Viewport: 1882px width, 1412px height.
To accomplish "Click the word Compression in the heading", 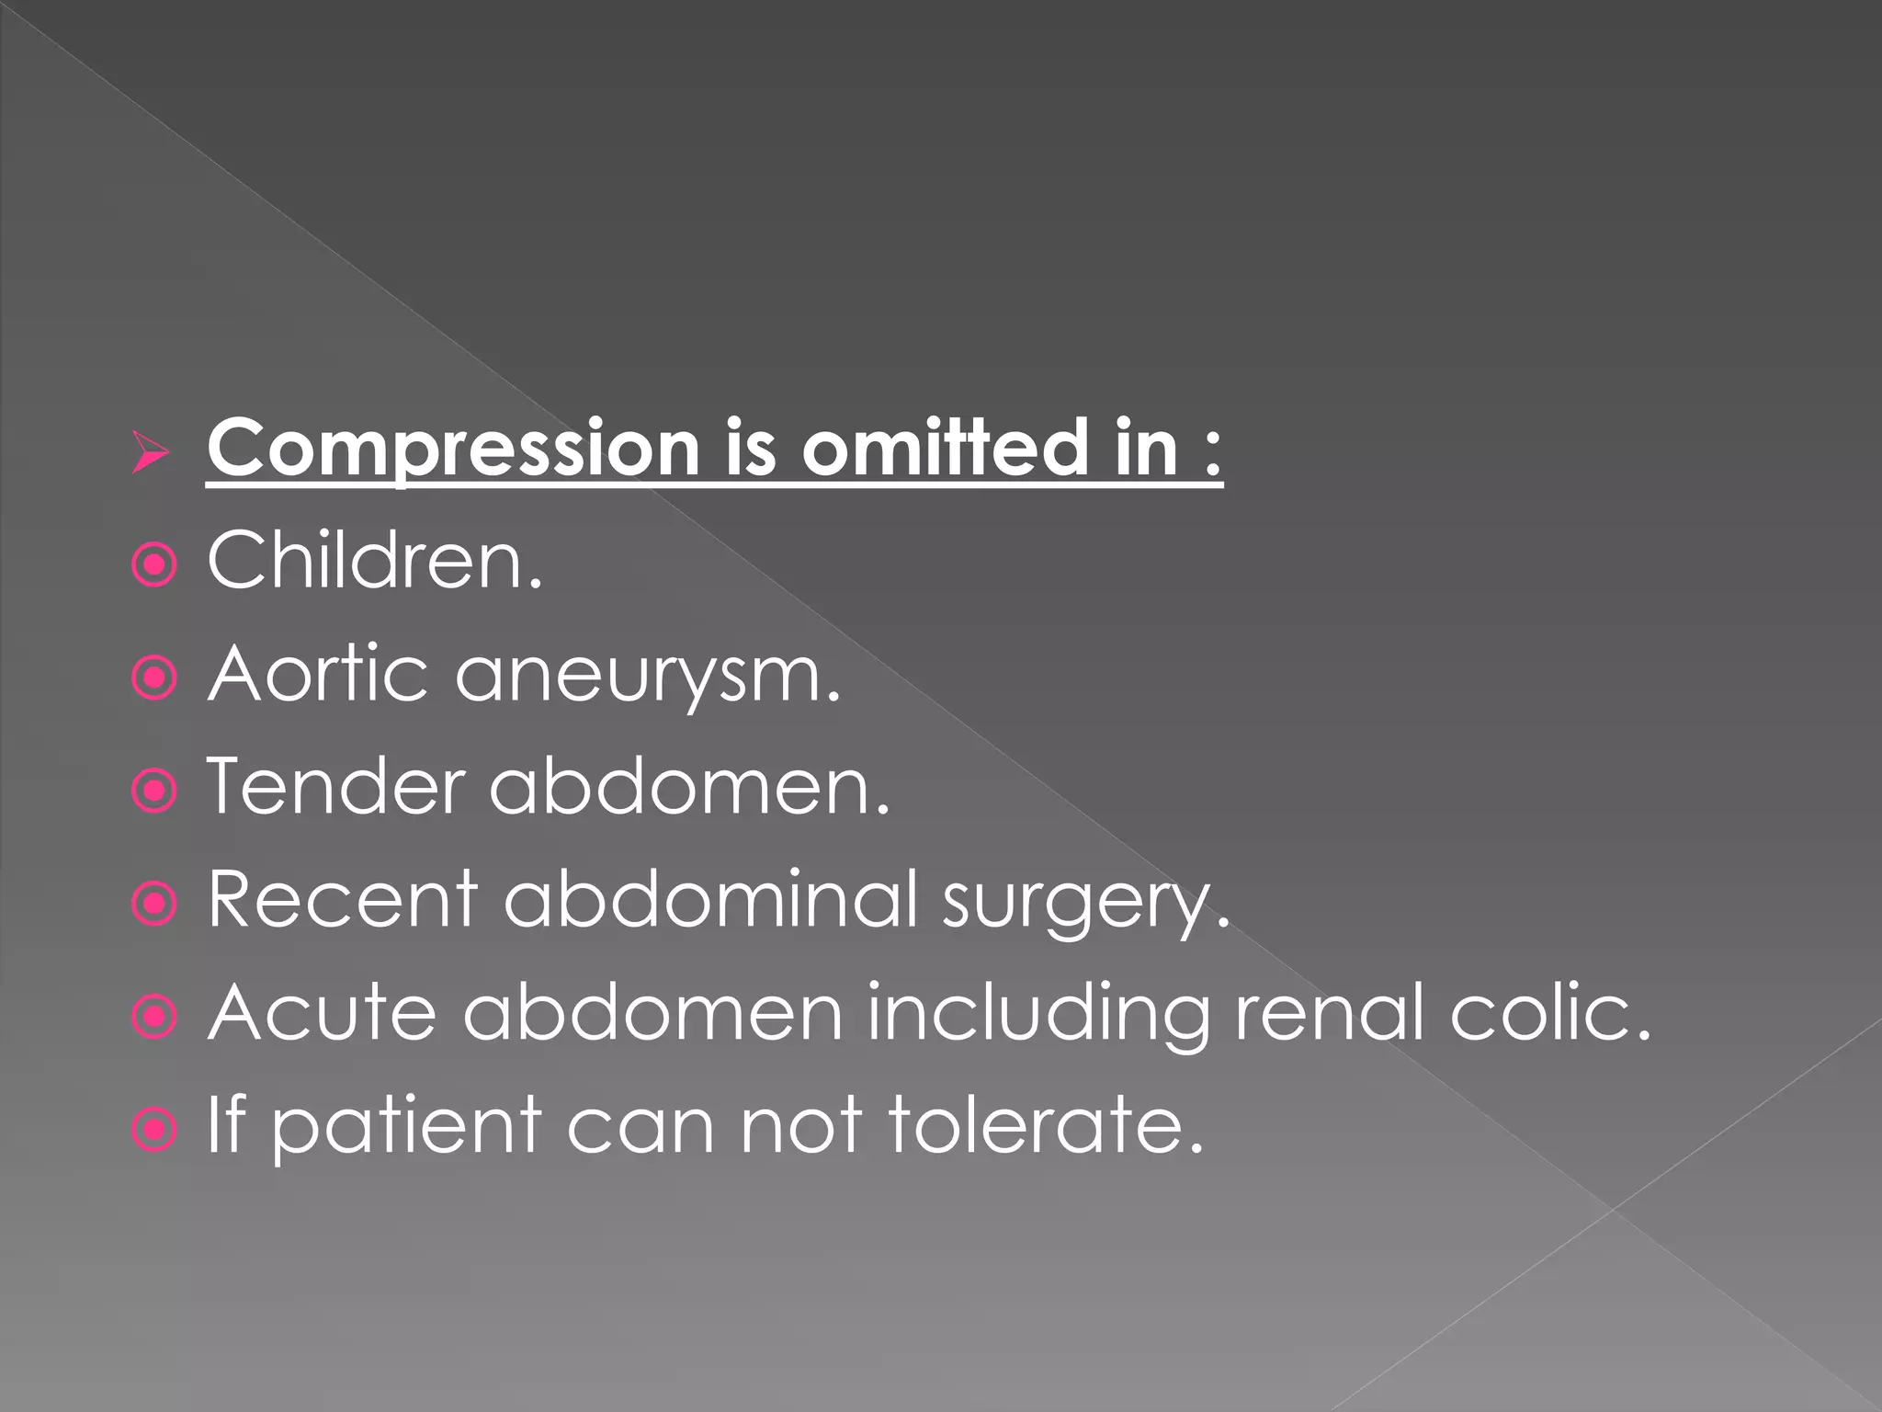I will point(453,448).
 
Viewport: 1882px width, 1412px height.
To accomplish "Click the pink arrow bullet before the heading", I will point(151,452).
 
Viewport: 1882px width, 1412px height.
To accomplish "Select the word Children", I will point(375,560).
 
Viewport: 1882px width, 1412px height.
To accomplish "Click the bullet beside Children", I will point(154,565).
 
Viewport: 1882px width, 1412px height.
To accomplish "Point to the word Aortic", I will point(318,673).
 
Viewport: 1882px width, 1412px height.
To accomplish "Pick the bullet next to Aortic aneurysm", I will point(154,678).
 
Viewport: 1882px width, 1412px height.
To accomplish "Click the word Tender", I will point(336,786).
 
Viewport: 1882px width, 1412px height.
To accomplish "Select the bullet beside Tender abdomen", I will point(154,791).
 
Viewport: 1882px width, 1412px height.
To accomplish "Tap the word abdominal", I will point(711,899).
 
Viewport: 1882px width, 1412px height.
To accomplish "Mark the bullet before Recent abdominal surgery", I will point(154,905).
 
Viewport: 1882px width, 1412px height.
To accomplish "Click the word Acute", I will point(323,1012).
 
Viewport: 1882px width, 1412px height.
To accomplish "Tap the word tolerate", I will point(1046,1125).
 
